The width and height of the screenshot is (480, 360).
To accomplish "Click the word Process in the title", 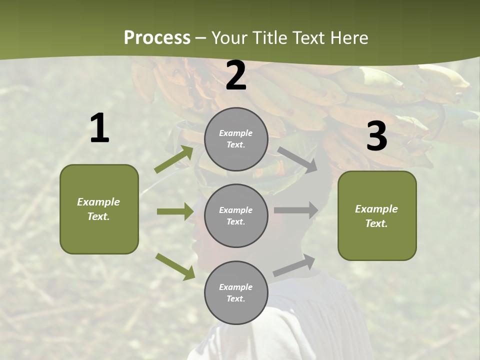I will coord(157,38).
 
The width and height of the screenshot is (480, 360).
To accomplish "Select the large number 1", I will coord(99,128).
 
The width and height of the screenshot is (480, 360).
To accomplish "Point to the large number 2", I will coord(236,76).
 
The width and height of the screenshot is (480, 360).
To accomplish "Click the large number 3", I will coord(376,136).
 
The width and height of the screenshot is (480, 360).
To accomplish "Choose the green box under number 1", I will coord(99,209).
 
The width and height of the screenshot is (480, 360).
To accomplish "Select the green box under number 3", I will coord(377,216).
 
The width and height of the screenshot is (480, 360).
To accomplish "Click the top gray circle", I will coord(236,139).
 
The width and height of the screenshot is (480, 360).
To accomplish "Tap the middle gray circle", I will coord(236,216).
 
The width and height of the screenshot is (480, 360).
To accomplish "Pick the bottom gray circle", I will coord(236,293).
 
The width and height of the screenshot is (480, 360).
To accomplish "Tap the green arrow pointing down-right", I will coord(175,266).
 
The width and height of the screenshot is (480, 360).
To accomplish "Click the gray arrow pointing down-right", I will coord(297,159).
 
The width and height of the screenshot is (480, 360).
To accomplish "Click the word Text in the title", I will coord(306,38).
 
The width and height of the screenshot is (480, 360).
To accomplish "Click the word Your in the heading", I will coord(229,38).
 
